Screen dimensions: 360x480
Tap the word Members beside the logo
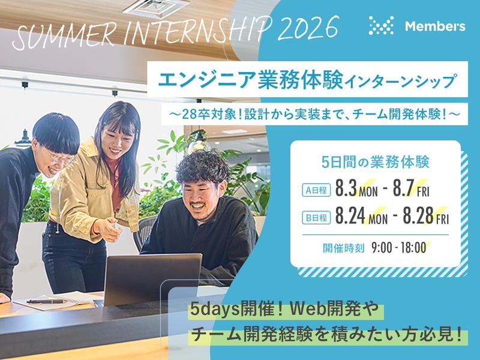coord(434,26)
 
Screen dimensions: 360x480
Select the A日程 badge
coord(316,191)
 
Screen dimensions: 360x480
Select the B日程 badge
coord(316,218)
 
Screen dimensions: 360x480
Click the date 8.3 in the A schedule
coord(346,190)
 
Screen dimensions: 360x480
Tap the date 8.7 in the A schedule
coord(403,190)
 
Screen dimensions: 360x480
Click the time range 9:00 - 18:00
coord(398,247)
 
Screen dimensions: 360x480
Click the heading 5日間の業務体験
coord(375,161)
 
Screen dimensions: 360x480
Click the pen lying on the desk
coord(46,301)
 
